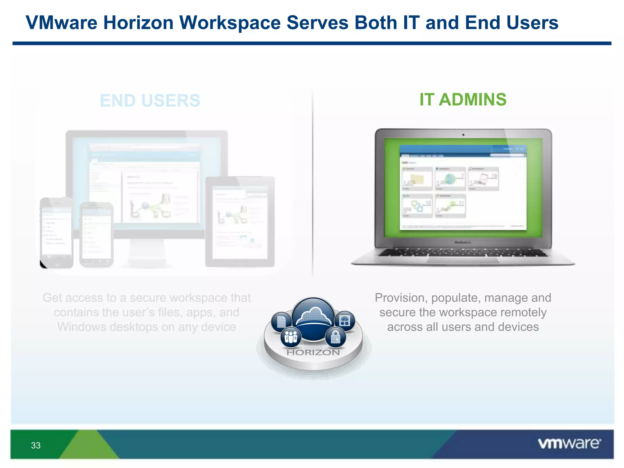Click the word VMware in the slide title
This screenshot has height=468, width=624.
61,23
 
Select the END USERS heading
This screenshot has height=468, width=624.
150,101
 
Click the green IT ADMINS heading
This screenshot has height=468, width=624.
463,100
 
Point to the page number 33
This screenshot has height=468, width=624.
36,445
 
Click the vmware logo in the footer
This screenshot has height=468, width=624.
569,444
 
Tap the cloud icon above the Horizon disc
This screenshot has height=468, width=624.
313,317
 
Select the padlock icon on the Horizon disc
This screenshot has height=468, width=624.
335,337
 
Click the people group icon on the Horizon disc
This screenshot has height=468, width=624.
291,337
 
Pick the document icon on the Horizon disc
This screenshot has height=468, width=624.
281,322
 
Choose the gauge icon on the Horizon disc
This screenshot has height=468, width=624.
345,321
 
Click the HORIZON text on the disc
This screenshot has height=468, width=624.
313,353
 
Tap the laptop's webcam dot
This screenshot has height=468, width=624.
463,135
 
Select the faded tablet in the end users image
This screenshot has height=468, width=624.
240,222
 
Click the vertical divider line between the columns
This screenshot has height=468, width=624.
313,183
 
